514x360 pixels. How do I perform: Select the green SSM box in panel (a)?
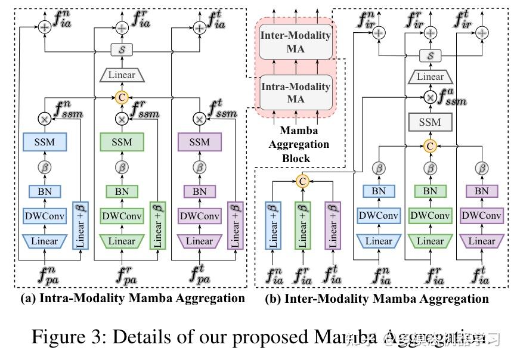(x=121, y=142)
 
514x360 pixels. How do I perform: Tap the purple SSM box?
(x=199, y=142)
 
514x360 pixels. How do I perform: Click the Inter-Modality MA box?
(x=295, y=42)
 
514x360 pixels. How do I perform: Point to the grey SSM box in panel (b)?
(x=429, y=122)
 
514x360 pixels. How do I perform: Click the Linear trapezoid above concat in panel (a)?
(x=121, y=75)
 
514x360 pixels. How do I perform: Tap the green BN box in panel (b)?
(x=430, y=191)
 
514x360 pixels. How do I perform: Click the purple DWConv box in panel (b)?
(x=482, y=216)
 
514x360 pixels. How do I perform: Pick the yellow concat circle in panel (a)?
(x=121, y=97)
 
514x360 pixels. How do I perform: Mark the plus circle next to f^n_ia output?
(x=45, y=27)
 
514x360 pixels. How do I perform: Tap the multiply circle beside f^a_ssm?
(x=429, y=97)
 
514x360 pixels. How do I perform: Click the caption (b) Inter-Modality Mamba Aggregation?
(x=377, y=299)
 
